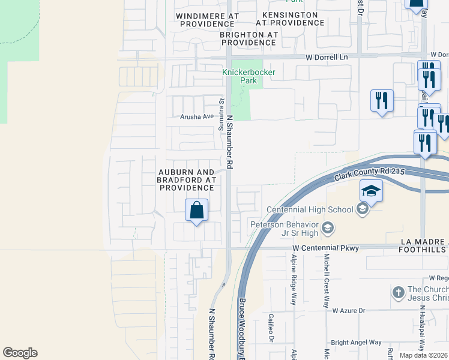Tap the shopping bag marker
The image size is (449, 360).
[196, 211]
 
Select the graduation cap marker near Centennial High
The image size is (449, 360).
[371, 192]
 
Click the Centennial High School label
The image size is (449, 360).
[309, 209]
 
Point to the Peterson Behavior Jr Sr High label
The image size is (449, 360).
[285, 228]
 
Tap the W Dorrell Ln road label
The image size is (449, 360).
[327, 57]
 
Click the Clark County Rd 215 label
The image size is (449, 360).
[370, 175]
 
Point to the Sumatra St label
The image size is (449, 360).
[221, 109]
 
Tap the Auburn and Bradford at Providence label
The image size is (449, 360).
[186, 179]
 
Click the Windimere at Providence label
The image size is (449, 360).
[207, 19]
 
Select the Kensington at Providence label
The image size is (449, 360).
[290, 18]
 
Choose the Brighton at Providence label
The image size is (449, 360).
[249, 38]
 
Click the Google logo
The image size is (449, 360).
[20, 353]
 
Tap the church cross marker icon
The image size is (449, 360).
[397, 292]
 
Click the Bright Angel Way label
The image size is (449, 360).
[356, 343]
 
